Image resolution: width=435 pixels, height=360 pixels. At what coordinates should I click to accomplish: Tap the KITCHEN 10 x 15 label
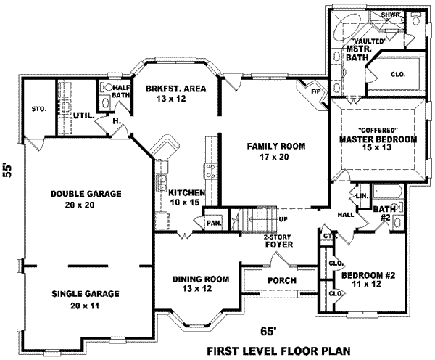(x=185, y=198)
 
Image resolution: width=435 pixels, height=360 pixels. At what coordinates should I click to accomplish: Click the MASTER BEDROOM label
(x=378, y=139)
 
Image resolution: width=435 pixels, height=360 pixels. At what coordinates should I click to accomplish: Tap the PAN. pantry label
(x=214, y=224)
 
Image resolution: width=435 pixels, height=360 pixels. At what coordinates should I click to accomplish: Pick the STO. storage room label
(x=39, y=109)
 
